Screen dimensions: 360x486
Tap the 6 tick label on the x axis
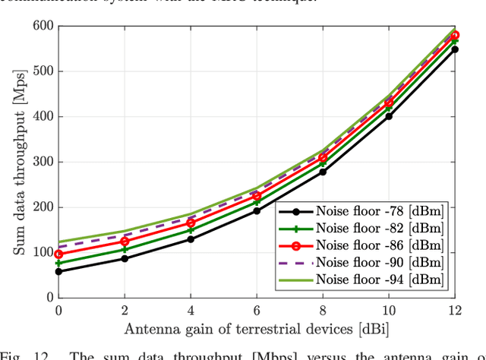point(257,310)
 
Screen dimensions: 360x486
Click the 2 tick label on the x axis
point(125,310)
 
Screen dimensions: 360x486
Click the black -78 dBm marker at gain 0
point(58,271)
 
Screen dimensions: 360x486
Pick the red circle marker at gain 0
point(58,254)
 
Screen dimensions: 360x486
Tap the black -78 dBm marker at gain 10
point(389,116)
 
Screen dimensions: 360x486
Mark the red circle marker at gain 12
point(455,35)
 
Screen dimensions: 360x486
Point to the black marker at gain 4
point(191,239)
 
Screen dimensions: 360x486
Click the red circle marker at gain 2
point(125,242)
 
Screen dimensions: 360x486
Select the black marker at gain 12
point(455,49)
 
